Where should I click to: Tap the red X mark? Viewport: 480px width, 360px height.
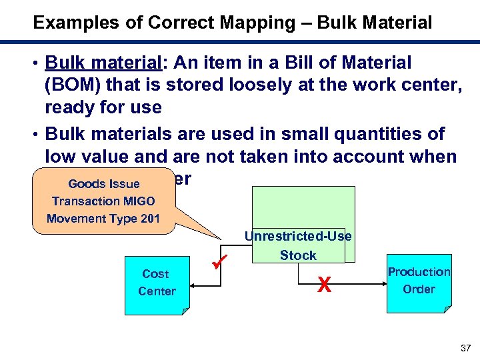(x=324, y=285)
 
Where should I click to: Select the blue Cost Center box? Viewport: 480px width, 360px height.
(x=157, y=283)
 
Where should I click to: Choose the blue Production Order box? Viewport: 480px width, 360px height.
(x=419, y=281)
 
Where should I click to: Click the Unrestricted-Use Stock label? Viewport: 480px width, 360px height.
(x=298, y=245)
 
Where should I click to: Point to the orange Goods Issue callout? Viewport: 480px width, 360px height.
(x=103, y=201)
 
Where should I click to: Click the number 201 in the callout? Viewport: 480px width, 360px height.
(x=147, y=218)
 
